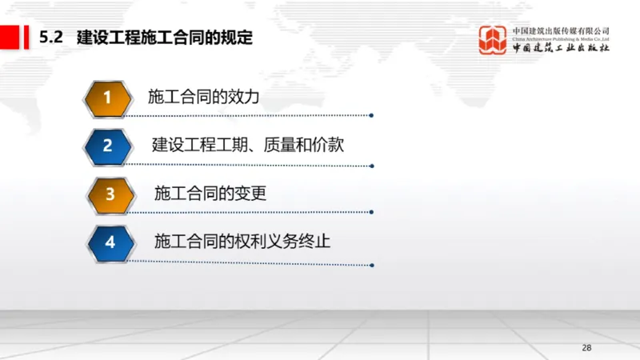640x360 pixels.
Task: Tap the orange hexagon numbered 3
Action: click(110, 194)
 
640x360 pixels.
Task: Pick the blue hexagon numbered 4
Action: click(110, 241)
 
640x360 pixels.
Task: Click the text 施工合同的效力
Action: click(205, 98)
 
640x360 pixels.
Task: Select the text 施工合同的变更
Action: click(210, 193)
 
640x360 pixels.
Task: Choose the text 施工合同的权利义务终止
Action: click(242, 240)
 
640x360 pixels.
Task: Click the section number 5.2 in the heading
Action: click(52, 37)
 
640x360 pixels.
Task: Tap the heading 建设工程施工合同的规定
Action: click(165, 37)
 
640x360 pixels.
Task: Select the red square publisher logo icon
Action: click(493, 40)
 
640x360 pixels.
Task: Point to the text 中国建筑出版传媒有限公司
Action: click(561, 30)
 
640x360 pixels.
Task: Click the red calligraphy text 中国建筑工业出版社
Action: click(561, 49)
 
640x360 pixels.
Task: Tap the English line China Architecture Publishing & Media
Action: click(561, 38)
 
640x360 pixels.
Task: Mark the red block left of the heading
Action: click(11, 37)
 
